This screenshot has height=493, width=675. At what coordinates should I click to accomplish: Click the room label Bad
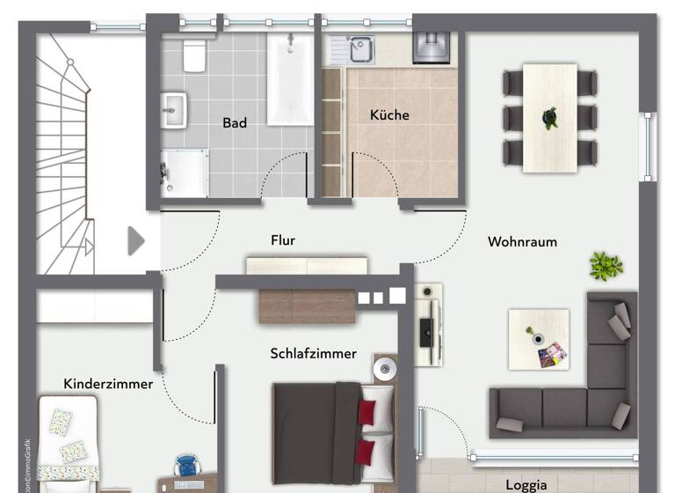[x=235, y=123]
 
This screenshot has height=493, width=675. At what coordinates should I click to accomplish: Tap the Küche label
[x=389, y=114]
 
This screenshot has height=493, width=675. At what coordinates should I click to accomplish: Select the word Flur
[x=283, y=239]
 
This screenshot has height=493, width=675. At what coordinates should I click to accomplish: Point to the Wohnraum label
[x=523, y=241]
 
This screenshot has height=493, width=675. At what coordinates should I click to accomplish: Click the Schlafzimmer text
[x=313, y=354]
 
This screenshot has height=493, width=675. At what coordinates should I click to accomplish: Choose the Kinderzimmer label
[x=108, y=384]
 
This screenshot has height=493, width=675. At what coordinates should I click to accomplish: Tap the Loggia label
[x=526, y=484]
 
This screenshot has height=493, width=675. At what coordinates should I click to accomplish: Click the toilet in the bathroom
[x=194, y=55]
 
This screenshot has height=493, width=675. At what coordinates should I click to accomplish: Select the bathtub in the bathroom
[x=290, y=79]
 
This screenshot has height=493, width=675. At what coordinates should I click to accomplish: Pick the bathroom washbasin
[x=174, y=110]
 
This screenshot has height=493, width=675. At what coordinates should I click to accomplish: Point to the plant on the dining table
[x=550, y=117]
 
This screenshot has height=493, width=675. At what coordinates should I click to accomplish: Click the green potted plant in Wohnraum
[x=606, y=264]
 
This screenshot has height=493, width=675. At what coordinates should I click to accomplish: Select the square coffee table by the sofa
[x=539, y=339]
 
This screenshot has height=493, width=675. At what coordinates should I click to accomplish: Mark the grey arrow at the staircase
[x=135, y=240]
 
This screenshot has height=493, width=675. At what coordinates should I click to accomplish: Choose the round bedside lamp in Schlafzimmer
[x=384, y=370]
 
